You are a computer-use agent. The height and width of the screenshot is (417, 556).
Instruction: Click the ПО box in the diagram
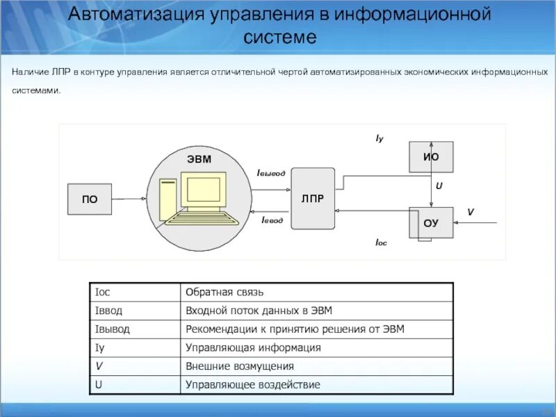point(90,199)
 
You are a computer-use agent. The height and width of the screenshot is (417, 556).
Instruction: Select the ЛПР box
point(313,198)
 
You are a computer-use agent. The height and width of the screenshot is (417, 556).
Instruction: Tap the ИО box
point(431,157)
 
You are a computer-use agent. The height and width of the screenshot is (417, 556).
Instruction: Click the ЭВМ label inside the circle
point(198,160)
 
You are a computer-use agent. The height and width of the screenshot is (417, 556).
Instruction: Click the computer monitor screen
point(204,191)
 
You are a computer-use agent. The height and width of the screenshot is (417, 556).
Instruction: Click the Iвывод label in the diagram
point(271,172)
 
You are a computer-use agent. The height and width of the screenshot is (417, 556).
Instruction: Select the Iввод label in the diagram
point(272,220)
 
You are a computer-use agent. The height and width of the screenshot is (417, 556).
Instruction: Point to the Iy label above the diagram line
point(379,139)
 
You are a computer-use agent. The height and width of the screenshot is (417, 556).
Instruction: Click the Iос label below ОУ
point(381,243)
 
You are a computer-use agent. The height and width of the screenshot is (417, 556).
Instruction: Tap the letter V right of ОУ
point(470,211)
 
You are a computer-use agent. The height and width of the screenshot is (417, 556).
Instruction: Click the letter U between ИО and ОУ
point(439,186)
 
